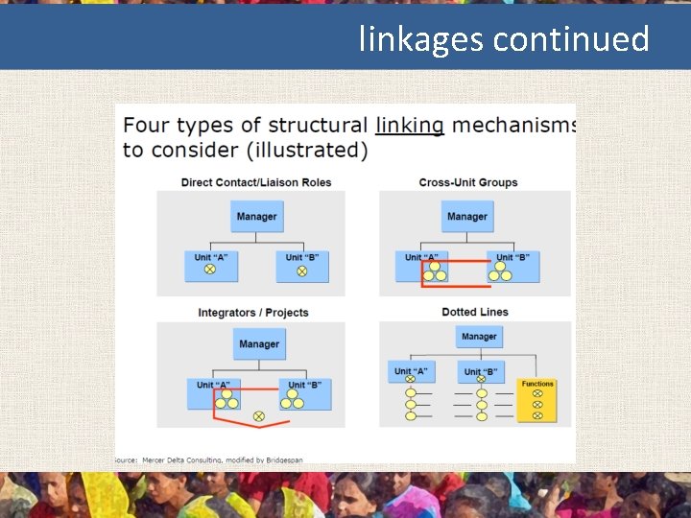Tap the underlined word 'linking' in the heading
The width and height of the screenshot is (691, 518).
pos(410,126)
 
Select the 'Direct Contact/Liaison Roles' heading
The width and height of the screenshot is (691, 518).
pos(256,182)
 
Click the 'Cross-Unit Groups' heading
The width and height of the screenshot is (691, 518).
pos(468,182)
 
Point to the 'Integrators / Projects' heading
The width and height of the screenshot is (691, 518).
pos(253,312)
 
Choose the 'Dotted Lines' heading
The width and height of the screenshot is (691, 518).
pos(475,312)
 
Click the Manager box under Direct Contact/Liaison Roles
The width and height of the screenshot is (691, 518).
pos(256,217)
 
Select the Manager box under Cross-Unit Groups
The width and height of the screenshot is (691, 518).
pos(467,217)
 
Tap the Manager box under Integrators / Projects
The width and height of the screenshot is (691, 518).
pos(259,344)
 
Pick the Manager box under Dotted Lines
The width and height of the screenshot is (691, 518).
pos(479,337)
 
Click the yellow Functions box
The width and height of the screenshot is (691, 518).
pos(537,400)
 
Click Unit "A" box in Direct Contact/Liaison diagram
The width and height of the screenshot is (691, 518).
pos(210,266)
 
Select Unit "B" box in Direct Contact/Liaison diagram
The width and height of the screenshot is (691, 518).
pos(302,266)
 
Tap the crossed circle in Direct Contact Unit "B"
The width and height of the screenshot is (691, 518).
pos(301,271)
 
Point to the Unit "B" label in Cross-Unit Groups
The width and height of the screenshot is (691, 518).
pos(512,257)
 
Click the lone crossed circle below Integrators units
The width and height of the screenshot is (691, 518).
pos(258,415)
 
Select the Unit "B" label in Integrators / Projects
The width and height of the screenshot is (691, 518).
pos(304,385)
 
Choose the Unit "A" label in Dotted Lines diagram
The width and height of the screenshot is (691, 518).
pos(411,370)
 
